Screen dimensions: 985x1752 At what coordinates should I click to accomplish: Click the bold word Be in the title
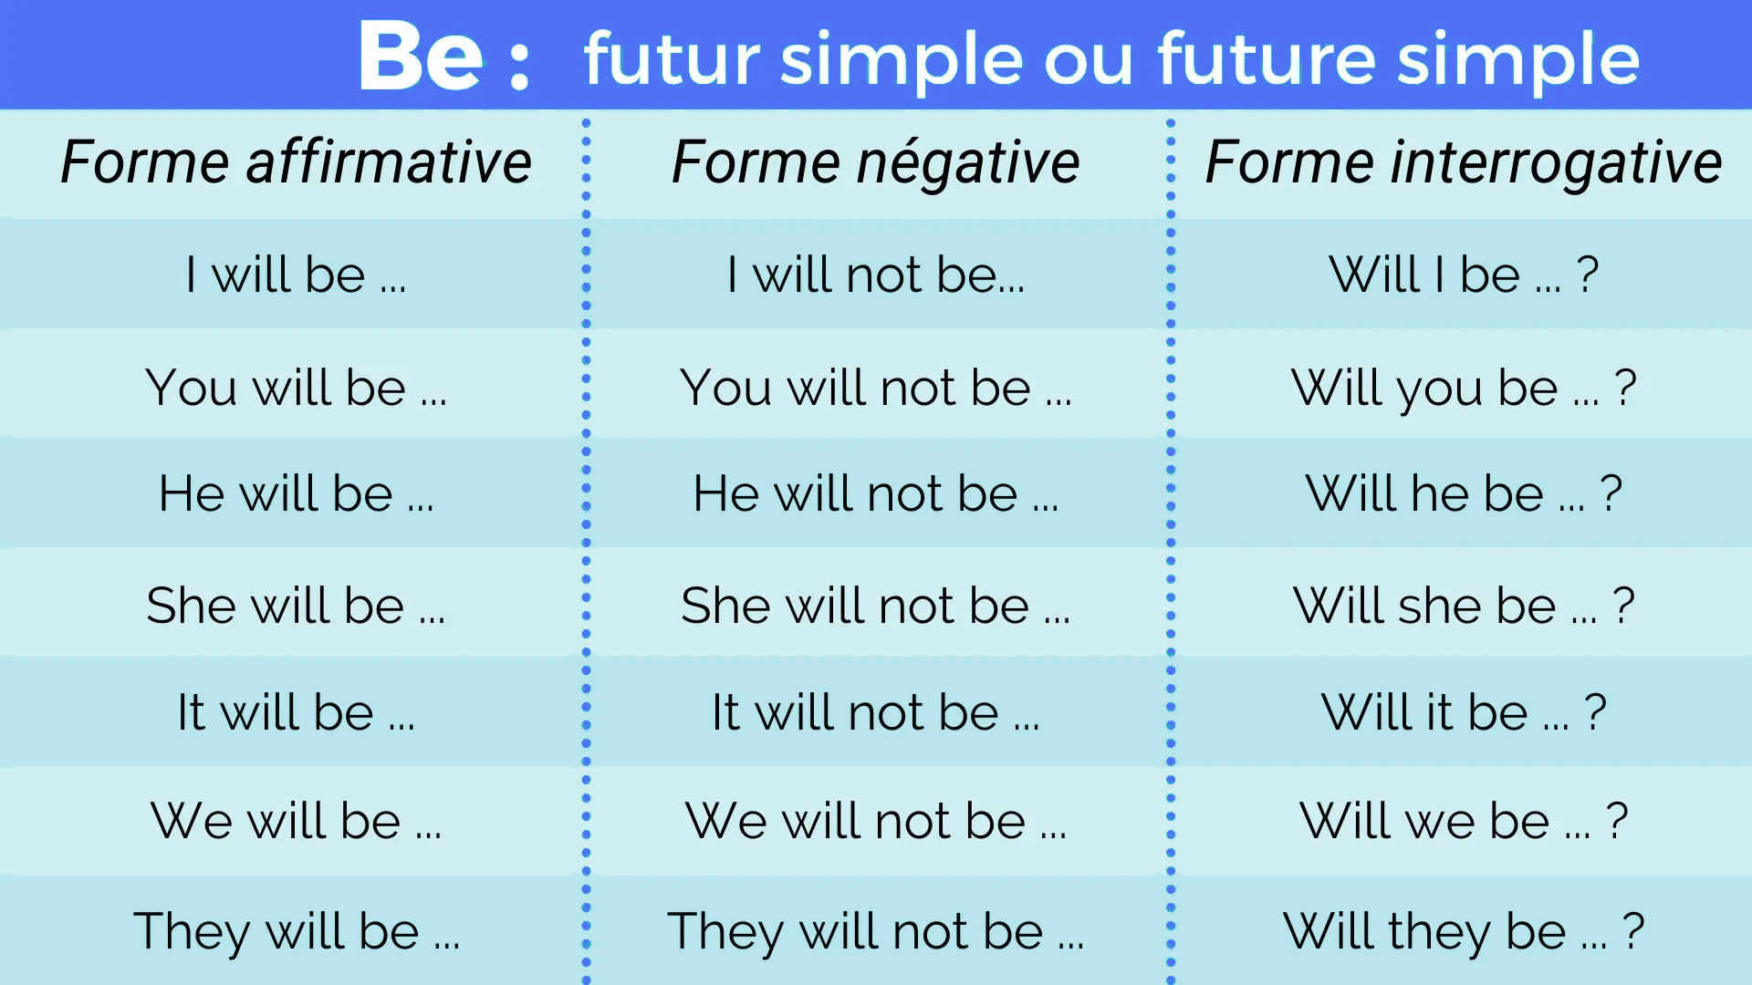(421, 57)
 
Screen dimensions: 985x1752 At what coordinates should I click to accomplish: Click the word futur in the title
(672, 58)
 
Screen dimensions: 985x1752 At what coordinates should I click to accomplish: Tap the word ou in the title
(1088, 60)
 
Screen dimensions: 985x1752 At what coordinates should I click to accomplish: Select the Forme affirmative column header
(296, 162)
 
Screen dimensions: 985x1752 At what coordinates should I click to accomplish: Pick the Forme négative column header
(875, 162)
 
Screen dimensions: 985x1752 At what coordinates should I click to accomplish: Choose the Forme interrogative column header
(1463, 162)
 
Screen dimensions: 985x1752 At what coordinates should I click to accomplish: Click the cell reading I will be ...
(295, 275)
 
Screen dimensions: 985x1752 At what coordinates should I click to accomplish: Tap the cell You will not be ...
(875, 388)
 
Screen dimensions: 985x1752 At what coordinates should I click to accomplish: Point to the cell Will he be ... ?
(1463, 493)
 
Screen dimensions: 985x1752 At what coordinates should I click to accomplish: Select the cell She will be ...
(295, 606)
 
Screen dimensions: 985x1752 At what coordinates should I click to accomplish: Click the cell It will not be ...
(875, 712)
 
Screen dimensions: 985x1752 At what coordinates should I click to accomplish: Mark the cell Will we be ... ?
(1463, 821)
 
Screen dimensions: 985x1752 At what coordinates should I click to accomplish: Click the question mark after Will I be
(1588, 274)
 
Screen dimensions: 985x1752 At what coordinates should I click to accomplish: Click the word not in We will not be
(912, 821)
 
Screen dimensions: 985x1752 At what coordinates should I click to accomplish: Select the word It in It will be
(191, 712)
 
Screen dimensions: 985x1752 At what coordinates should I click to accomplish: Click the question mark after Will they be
(1633, 930)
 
